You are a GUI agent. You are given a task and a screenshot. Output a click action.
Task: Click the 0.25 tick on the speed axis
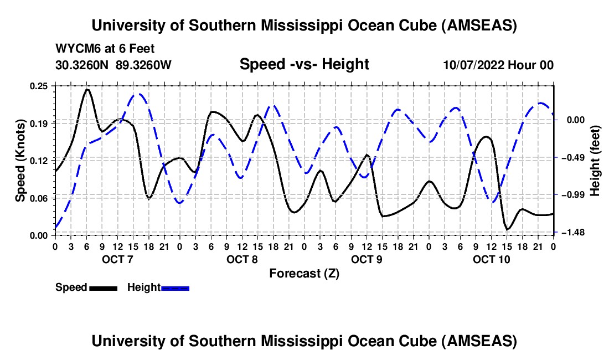40,86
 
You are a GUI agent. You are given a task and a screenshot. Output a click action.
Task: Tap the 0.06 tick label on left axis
40,198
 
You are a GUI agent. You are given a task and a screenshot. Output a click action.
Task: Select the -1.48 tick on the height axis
574,233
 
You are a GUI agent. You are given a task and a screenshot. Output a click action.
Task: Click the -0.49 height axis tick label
574,158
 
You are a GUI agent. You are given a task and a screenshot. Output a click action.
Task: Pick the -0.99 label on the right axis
574,196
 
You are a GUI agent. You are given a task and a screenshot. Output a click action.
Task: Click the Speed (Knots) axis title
20,161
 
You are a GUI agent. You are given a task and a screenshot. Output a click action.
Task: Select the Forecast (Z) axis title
304,273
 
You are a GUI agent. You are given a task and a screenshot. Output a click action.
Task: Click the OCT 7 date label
117,260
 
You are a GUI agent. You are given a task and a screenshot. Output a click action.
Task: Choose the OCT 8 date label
242,260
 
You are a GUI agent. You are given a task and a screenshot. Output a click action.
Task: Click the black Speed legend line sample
103,288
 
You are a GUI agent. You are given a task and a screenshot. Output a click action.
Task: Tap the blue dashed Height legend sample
176,288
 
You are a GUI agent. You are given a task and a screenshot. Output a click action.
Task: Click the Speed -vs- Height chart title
304,65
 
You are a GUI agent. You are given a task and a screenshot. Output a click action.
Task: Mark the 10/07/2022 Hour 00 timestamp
498,65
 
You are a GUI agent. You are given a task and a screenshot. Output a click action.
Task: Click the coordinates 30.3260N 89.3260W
113,65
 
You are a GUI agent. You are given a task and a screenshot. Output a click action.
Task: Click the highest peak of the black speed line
87,89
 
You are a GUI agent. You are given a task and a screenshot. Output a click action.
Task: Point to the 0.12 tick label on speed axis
40,161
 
